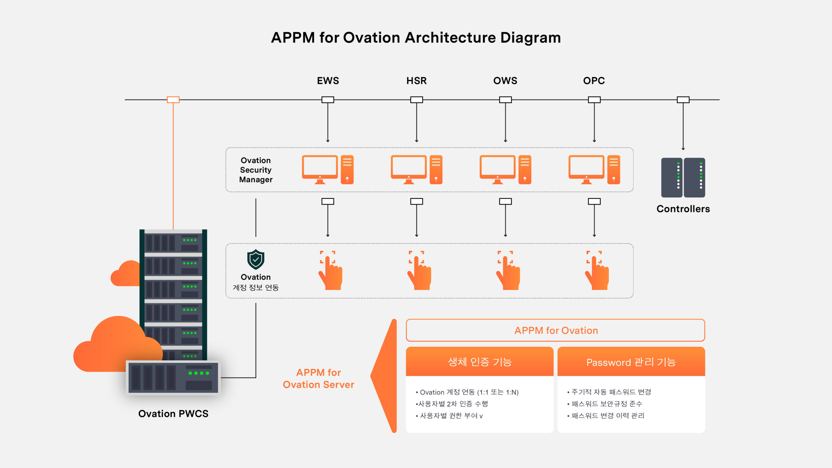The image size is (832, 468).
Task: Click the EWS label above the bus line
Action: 328,81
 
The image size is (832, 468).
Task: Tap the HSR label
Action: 416,81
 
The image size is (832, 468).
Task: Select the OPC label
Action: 594,81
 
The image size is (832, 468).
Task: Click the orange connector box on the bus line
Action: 173,100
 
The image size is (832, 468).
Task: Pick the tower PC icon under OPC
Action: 614,170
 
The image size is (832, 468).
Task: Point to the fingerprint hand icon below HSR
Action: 419,270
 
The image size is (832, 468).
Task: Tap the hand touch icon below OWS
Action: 508,270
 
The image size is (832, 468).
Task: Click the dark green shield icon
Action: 256,259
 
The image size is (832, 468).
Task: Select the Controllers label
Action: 683,209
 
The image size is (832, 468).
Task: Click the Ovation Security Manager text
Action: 256,170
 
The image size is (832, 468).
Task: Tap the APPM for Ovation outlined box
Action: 555,330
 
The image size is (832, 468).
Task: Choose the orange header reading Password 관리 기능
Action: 631,361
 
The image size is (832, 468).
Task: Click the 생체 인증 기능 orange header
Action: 480,361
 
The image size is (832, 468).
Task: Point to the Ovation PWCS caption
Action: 173,413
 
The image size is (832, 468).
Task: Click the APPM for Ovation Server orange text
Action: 318,378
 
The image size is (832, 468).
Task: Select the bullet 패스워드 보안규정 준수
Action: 604,404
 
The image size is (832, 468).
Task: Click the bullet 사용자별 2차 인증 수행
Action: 452,404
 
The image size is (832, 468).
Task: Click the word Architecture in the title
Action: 450,38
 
